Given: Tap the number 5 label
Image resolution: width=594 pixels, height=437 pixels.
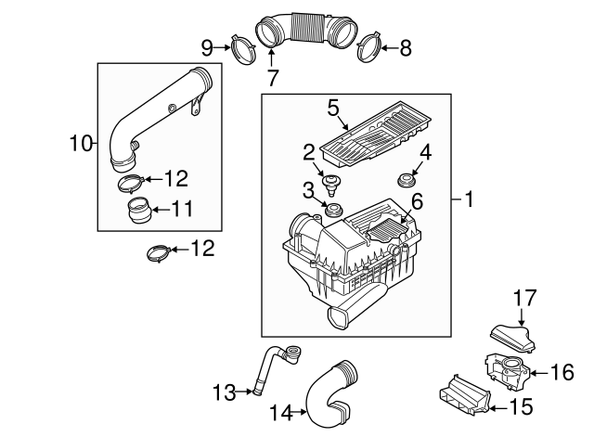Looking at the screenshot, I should coord(333,109).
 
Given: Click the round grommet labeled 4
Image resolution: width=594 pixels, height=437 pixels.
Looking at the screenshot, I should coord(405,177).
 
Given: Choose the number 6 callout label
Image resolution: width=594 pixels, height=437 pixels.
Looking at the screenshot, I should coord(417,201).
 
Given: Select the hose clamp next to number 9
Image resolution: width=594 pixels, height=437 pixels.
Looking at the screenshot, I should coord(244,50).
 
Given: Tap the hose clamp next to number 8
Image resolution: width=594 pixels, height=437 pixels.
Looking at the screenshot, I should coord(368,46).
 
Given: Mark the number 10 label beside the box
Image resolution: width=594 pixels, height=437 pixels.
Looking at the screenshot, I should coord(82,143).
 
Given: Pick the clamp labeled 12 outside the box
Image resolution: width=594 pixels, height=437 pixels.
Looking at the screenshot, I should coord(160,250).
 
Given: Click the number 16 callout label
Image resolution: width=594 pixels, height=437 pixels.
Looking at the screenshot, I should coord(562,372).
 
